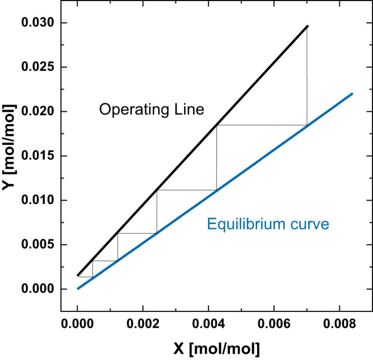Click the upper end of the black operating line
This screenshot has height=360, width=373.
tap(307, 26)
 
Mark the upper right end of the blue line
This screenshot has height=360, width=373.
tap(352, 94)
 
